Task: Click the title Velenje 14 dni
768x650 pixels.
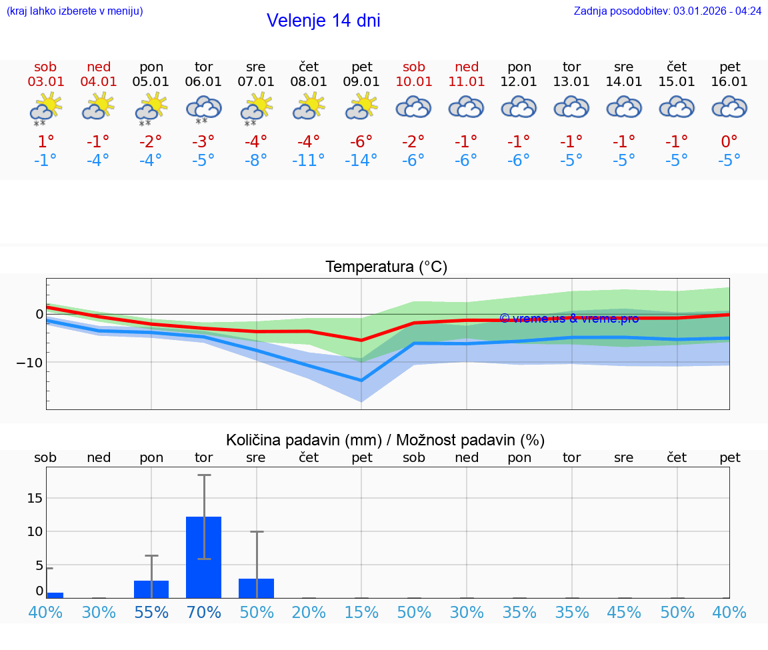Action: [323, 21]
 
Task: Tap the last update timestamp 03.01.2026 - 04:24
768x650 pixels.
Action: [717, 11]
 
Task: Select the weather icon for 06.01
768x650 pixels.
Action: [203, 109]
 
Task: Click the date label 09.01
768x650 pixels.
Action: [361, 82]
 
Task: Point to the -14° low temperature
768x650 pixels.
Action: [361, 160]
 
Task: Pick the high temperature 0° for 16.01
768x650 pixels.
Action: [729, 141]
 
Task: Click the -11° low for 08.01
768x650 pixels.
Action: [309, 160]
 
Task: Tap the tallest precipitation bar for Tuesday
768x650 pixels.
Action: [203, 557]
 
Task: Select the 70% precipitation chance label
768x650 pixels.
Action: [203, 612]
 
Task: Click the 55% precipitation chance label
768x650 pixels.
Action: [151, 612]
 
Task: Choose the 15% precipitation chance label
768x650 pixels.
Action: [361, 612]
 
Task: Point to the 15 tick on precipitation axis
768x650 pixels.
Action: [35, 498]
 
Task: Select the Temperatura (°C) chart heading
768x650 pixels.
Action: [386, 267]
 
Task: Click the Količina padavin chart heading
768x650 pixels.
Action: [385, 440]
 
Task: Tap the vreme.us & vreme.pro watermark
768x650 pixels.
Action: [569, 319]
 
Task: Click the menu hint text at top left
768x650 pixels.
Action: [75, 11]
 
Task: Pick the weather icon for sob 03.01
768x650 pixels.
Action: [45, 109]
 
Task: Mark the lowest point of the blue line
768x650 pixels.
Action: [361, 381]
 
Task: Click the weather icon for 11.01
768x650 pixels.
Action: [467, 107]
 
